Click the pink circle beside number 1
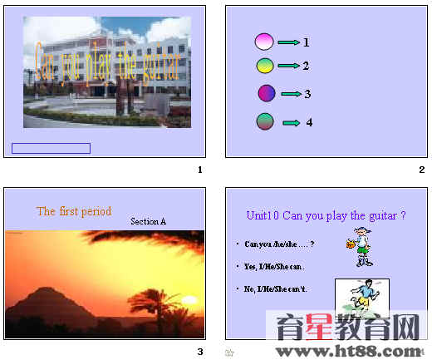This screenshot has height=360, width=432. point(263,42)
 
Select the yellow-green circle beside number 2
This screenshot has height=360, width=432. point(263,65)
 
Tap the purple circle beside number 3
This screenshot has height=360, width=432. point(267,93)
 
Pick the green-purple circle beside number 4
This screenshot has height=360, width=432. point(265,122)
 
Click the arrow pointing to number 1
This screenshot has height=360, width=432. point(288,42)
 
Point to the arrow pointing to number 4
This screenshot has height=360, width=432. point(292,123)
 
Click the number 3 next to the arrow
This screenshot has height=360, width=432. point(307,94)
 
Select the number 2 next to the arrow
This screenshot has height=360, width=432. point(306,66)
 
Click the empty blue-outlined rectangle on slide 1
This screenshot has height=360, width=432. point(51,148)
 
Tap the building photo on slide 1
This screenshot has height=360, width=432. point(106,72)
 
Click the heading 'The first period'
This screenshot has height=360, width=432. point(74,211)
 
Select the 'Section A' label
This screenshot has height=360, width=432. point(149,222)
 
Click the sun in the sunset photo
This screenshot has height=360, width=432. point(191,299)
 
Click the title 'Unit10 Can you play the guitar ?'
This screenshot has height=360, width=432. point(326,215)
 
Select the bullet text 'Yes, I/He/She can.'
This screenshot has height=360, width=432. point(274,267)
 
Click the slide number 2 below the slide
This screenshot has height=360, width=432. point(421,170)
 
